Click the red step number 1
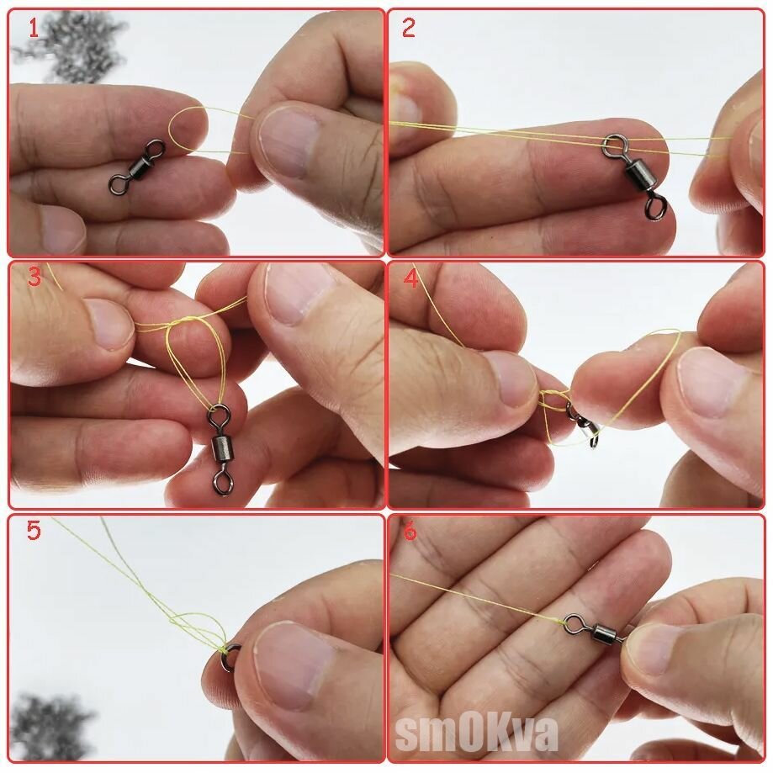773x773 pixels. pyautogui.click(x=33, y=28)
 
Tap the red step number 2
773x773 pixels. pyautogui.click(x=408, y=28)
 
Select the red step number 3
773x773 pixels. pyautogui.click(x=34, y=277)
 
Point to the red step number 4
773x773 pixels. pyautogui.click(x=410, y=278)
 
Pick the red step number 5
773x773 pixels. pyautogui.click(x=34, y=531)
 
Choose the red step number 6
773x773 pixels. pyautogui.click(x=410, y=532)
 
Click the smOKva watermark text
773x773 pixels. pyautogui.click(x=476, y=733)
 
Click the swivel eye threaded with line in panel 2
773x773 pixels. pyautogui.click(x=612, y=145)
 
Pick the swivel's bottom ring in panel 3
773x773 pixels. pyautogui.click(x=221, y=480)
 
